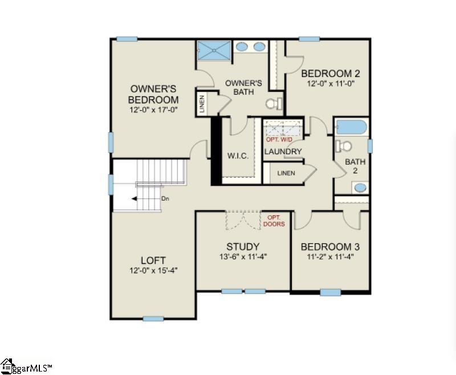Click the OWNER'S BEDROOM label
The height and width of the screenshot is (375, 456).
(153, 94)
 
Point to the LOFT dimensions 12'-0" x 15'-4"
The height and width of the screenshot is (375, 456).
(153, 270)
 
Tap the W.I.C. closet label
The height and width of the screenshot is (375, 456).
(238, 156)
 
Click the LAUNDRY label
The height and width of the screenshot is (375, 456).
(283, 152)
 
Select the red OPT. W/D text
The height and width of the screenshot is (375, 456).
(279, 140)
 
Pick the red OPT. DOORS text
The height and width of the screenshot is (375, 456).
(274, 221)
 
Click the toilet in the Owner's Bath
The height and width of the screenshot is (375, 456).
(275, 103)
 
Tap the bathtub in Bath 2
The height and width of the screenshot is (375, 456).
(351, 127)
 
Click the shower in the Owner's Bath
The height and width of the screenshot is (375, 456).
(214, 51)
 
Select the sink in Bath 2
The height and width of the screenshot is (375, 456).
(360, 187)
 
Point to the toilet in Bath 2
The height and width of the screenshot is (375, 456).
(344, 146)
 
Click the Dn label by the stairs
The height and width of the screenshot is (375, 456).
(165, 199)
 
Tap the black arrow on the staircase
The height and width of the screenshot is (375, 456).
(134, 199)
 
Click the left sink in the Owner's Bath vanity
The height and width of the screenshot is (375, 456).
(241, 47)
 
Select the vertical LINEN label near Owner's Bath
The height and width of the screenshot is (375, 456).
(202, 104)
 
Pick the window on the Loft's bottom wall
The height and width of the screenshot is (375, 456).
(153, 319)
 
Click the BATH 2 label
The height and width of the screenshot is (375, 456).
(355, 166)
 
